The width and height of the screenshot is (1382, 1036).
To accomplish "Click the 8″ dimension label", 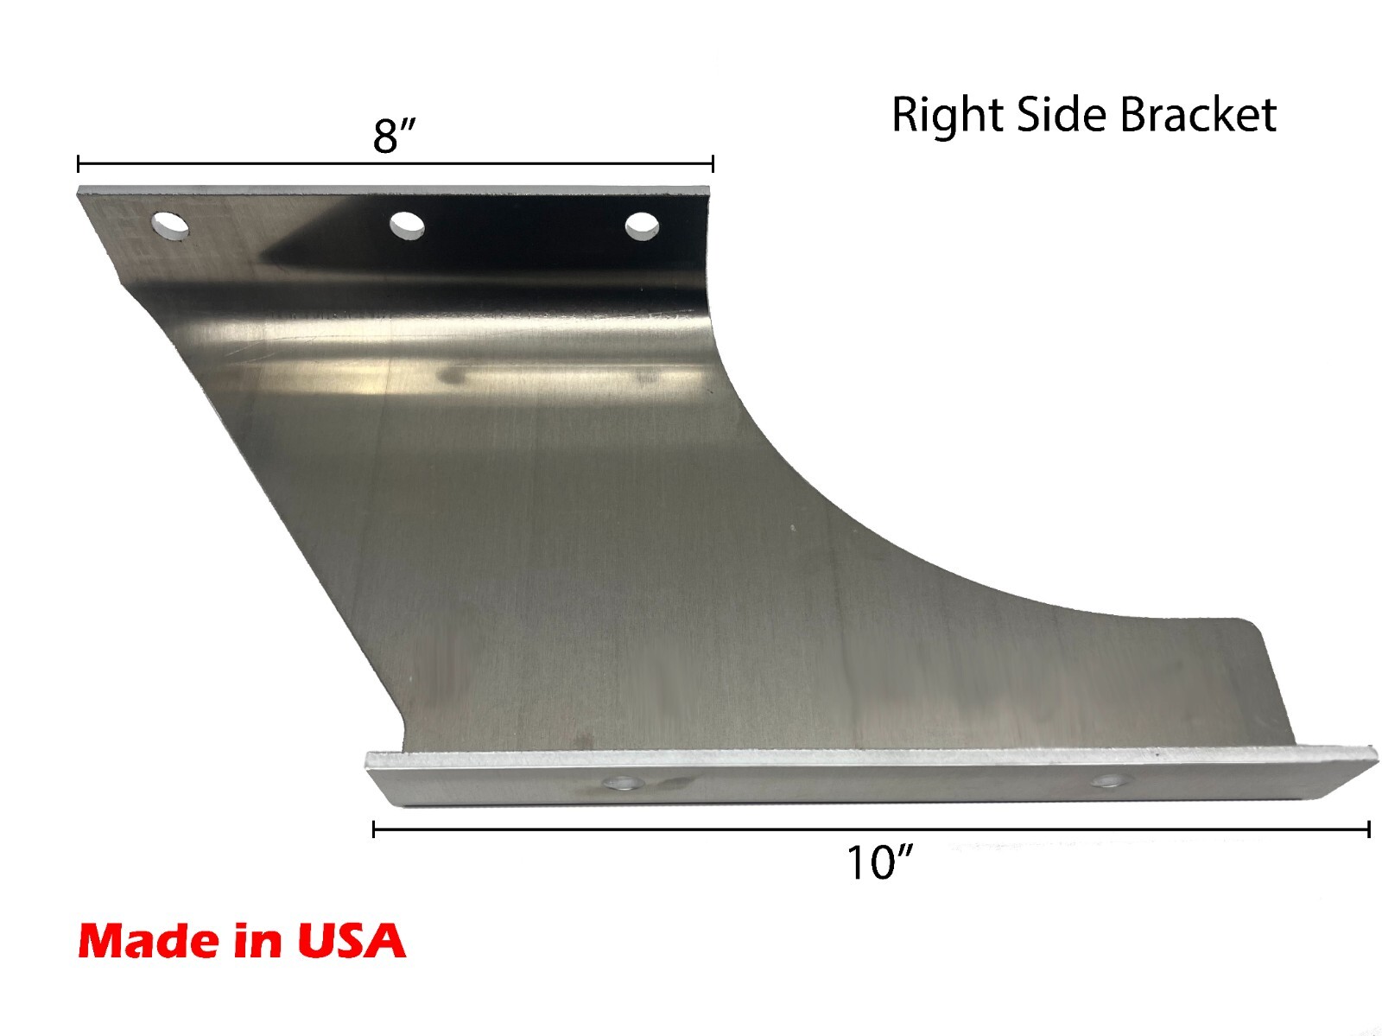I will (395, 136).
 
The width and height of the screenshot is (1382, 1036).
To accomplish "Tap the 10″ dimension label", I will (879, 863).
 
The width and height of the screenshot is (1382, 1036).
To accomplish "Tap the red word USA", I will (352, 940).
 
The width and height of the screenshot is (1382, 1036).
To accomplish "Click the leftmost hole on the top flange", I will (171, 225).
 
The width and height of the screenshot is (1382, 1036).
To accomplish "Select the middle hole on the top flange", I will (407, 226).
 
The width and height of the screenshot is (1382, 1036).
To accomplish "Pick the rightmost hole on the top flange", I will (642, 227).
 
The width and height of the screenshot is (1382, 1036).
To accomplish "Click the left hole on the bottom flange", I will (618, 785).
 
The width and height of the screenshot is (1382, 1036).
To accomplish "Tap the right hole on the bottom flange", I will (1108, 782).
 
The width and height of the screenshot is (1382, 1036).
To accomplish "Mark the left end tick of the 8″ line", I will (79, 163).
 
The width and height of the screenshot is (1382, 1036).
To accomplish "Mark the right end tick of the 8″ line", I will (713, 163).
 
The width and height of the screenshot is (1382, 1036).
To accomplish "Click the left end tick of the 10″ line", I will (373, 830).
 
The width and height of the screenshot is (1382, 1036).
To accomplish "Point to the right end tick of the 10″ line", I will (1368, 830).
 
